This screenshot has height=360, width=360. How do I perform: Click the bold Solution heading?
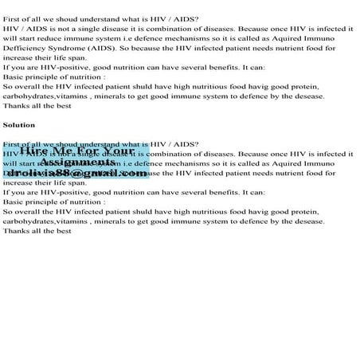(19, 125)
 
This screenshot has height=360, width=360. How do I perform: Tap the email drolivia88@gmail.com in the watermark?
(80, 173)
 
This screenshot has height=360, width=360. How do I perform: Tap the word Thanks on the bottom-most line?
(18, 231)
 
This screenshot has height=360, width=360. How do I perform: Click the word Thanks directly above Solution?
(18, 105)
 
